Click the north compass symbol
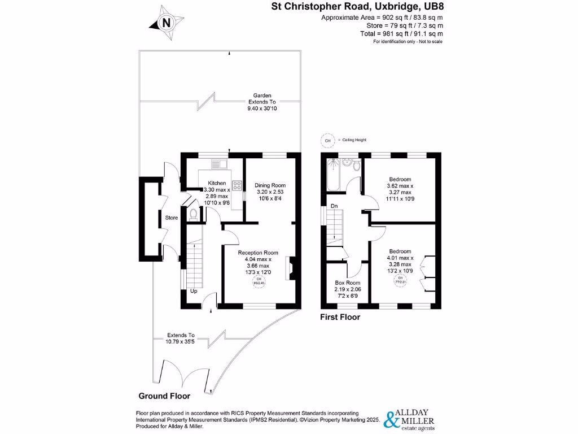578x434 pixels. pyautogui.click(x=165, y=23)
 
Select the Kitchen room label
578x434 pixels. pyautogui.click(x=217, y=183)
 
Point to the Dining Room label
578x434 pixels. pyautogui.click(x=270, y=185)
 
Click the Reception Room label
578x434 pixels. pyautogui.click(x=258, y=253)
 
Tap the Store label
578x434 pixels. pyautogui.click(x=171, y=218)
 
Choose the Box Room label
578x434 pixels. pyautogui.click(x=348, y=283)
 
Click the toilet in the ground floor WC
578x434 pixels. pyautogui.click(x=194, y=214)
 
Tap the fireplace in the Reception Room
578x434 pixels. pyautogui.click(x=291, y=268)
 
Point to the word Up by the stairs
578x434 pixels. pyautogui.click(x=193, y=292)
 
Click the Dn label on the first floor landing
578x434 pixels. pyautogui.click(x=334, y=206)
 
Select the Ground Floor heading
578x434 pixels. pyautogui.click(x=164, y=396)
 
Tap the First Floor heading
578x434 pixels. pyautogui.click(x=340, y=317)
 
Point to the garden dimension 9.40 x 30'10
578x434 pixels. pyautogui.click(x=262, y=108)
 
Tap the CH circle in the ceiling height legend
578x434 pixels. pyautogui.click(x=327, y=140)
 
